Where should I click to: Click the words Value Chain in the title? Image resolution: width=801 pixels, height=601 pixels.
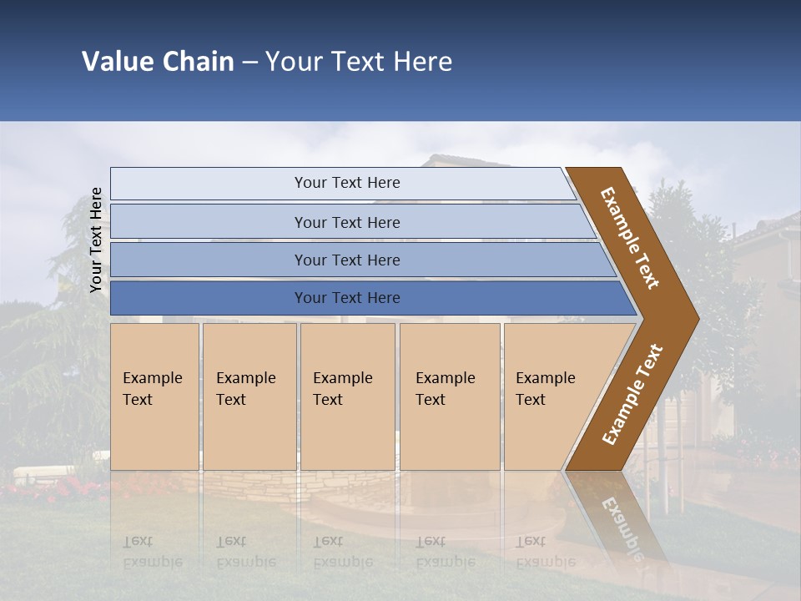(158, 62)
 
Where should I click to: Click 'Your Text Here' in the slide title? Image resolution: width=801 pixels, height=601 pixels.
(359, 62)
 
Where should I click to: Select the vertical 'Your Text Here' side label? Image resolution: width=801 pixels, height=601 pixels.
(96, 240)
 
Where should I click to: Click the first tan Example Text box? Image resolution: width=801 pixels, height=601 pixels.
(154, 396)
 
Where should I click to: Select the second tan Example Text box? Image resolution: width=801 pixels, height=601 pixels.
(249, 396)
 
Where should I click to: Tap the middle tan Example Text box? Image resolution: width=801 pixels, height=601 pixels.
(347, 396)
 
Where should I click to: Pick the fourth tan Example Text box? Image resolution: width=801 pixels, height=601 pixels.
(449, 396)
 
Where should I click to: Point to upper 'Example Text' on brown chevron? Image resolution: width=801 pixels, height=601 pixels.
(630, 238)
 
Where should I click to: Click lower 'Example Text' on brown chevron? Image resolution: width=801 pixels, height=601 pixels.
(632, 394)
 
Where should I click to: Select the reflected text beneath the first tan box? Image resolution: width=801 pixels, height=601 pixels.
(152, 552)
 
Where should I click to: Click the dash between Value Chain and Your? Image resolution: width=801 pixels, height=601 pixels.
(249, 63)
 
